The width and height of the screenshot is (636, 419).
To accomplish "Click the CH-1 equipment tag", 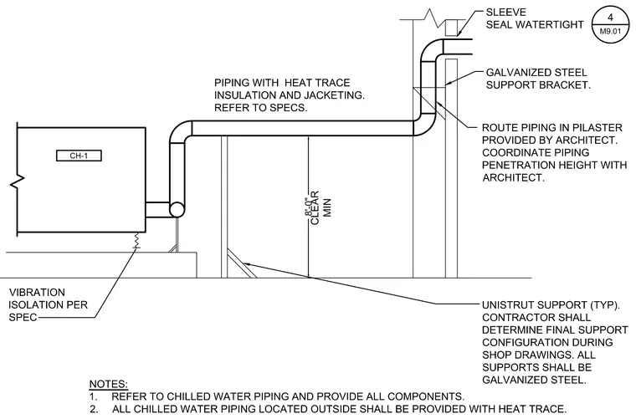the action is [79, 156].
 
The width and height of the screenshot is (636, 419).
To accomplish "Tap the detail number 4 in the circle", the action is [610, 18].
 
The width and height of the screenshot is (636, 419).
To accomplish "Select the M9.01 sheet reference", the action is [610, 31].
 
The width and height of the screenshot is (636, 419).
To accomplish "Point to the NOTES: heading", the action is [108, 384].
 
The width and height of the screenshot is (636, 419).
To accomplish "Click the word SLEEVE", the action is [505, 13].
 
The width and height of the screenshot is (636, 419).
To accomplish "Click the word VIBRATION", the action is [37, 293].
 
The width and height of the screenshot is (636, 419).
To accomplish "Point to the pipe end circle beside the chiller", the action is [177, 209].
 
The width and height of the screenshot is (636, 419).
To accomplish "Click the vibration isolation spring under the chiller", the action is [136, 240].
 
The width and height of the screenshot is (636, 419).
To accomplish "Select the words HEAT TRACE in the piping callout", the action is [317, 83].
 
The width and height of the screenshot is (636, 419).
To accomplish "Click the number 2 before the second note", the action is [94, 409].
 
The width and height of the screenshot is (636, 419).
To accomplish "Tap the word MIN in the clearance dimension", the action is [327, 207].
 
